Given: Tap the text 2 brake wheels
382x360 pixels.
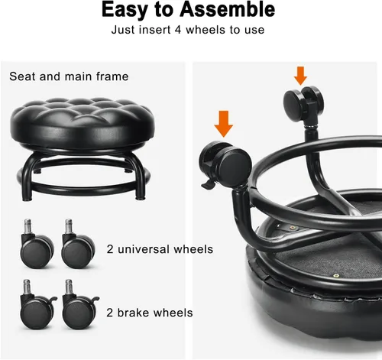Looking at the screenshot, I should (151, 313).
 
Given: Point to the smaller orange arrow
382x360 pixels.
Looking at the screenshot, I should (300, 75).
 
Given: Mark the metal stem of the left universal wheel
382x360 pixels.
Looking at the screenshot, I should (23, 227).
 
